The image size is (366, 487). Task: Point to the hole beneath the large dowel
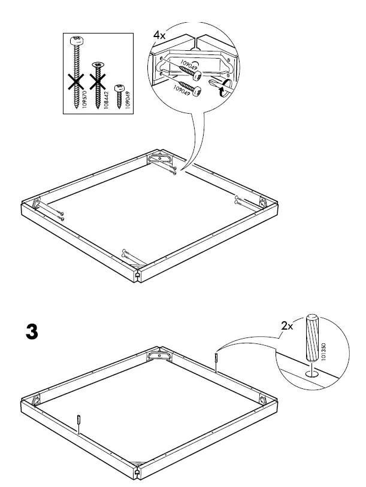click(x=310, y=372)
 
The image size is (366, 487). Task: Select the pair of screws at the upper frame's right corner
click(x=239, y=199)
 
